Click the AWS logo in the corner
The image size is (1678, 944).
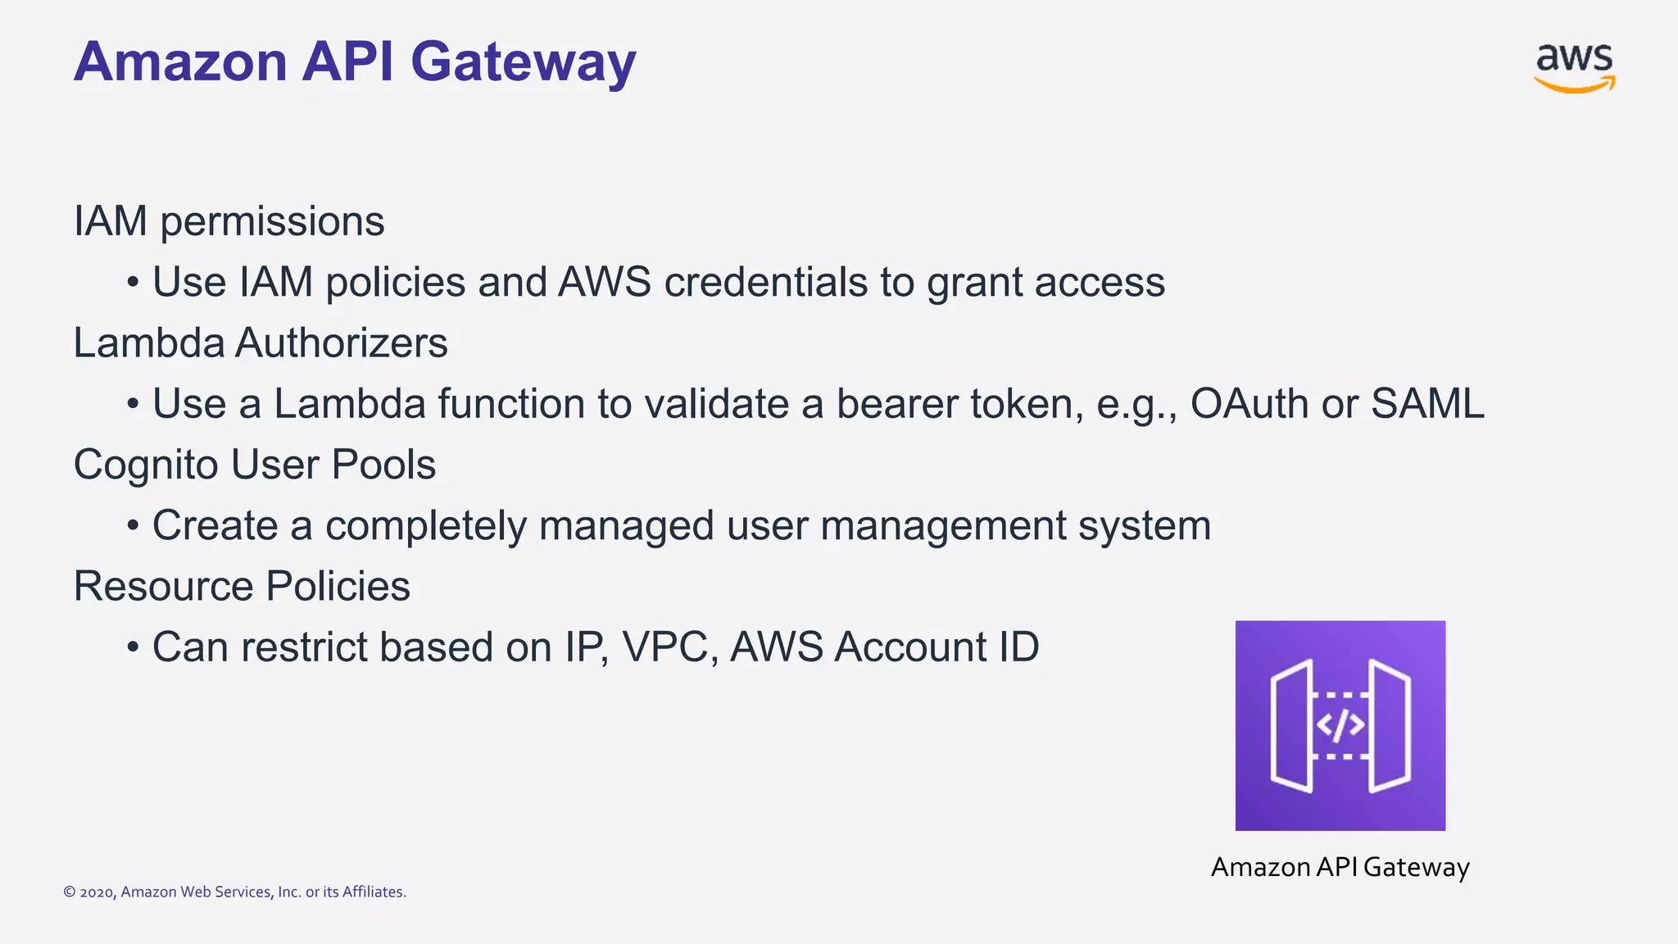click(x=1574, y=67)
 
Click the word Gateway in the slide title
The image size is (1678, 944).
click(x=523, y=62)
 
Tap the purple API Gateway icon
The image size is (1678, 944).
click(x=1340, y=725)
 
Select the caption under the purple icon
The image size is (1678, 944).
click(x=1340, y=867)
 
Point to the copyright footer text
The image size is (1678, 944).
click(x=234, y=892)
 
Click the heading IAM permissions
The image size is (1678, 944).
click(x=229, y=221)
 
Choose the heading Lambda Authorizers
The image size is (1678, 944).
click(x=261, y=343)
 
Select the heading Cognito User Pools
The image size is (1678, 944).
click(x=254, y=465)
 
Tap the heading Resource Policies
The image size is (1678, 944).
click(x=242, y=586)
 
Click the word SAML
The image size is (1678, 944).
click(x=1426, y=404)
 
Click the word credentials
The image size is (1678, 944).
click(x=765, y=283)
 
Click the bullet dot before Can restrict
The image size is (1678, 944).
click(x=133, y=647)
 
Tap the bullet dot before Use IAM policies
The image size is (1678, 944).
click(x=133, y=283)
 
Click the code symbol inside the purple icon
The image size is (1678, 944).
click(x=1340, y=725)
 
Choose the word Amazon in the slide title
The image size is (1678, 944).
click(x=180, y=62)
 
